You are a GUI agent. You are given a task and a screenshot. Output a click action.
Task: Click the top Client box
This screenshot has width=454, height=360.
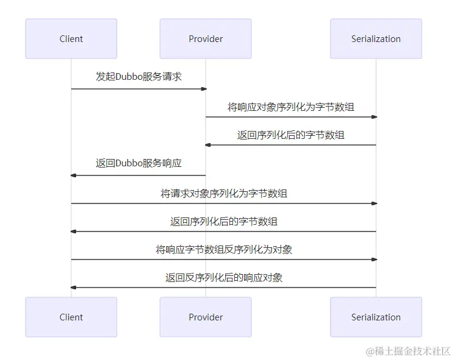coord(71,39)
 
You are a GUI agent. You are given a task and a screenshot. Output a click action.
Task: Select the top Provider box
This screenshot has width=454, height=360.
coord(206,39)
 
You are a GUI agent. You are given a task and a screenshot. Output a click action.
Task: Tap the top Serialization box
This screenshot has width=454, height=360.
coord(376,39)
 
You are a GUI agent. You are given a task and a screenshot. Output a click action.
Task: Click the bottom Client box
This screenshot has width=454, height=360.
coord(71,317)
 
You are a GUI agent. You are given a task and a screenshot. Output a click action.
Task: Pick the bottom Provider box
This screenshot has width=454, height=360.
coord(206,317)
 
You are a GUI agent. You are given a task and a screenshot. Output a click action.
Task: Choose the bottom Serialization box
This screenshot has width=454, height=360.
coord(376,317)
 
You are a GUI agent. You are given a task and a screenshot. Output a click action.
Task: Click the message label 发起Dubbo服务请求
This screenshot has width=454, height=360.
coord(139,77)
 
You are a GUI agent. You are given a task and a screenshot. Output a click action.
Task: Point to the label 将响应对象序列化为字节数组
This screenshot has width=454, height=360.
coord(291,107)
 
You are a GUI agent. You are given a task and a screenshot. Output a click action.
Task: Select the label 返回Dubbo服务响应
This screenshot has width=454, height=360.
coord(139,163)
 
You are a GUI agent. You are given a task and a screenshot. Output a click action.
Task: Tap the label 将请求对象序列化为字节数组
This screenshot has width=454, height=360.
coord(224,194)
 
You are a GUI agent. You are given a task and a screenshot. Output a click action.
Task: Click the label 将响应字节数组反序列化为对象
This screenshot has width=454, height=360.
coord(224,250)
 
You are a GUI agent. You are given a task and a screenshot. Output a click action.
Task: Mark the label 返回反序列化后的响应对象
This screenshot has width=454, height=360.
coord(224,278)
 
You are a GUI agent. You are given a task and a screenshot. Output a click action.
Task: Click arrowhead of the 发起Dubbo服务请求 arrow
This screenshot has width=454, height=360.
coord(204,89)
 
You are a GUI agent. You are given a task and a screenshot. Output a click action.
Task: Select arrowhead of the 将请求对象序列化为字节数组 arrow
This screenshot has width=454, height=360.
coord(374,203)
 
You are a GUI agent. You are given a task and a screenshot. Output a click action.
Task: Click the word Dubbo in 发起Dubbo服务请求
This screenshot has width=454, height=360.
coord(128,77)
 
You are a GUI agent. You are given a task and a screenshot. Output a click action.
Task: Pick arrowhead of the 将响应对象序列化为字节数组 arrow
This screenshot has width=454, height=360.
coord(374,117)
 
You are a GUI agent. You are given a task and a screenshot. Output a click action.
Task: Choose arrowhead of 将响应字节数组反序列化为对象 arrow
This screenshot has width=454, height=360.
coord(374,259)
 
